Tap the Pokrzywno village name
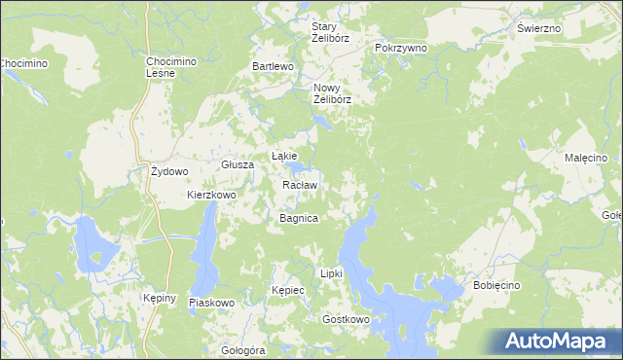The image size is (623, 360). click(x=400, y=48)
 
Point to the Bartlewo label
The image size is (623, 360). click(x=273, y=66)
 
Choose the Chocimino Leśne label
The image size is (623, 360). click(x=171, y=68)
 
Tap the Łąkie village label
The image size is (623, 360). click(x=283, y=156)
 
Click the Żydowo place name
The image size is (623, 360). click(x=168, y=171)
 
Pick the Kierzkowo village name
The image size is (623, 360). click(x=212, y=195)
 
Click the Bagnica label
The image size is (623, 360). click(x=299, y=218)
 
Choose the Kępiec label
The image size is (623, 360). click(x=289, y=290)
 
